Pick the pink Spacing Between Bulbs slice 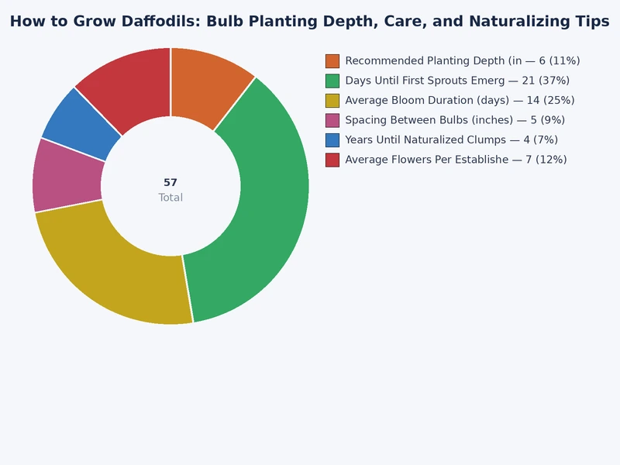coord(67,175)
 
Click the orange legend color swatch coord(332,61)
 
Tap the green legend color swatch coord(332,81)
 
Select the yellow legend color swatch coord(332,101)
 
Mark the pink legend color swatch coord(332,120)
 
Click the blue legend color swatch coord(332,140)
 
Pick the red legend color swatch coord(332,160)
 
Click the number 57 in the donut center coord(170,183)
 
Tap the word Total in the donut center coord(170,198)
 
